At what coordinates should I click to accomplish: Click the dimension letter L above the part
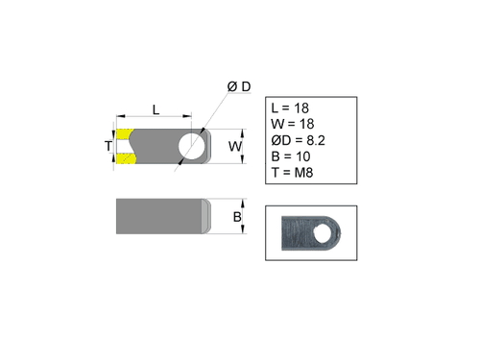(x=156, y=109)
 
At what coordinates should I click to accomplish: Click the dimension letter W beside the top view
(x=235, y=147)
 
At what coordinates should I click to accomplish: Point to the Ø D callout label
(x=239, y=86)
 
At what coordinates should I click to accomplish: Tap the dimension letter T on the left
(x=109, y=147)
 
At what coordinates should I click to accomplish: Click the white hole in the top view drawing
(x=190, y=146)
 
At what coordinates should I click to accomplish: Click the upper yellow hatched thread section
(x=125, y=132)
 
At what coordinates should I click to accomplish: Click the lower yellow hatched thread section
(x=125, y=161)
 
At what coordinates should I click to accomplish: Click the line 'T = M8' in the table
(x=294, y=174)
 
